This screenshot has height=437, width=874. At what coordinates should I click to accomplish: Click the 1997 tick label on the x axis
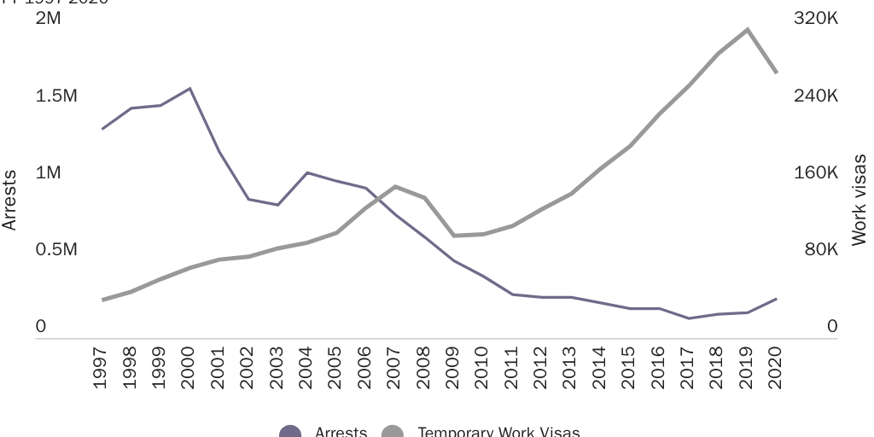(x=102, y=368)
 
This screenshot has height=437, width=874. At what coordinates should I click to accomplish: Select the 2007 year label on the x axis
(x=394, y=368)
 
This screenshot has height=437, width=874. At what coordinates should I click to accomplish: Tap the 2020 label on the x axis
(x=775, y=368)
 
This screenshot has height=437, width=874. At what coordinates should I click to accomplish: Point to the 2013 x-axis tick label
(x=570, y=368)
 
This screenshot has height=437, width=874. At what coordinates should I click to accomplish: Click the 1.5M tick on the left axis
(x=55, y=96)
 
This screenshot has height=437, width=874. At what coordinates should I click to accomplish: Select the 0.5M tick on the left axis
(x=55, y=250)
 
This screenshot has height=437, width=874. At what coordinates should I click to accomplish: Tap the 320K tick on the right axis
(x=816, y=19)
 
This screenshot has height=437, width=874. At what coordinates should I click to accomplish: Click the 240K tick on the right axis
(x=816, y=96)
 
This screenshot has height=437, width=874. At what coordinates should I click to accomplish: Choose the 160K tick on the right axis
(x=816, y=172)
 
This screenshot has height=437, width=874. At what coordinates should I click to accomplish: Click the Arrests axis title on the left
(x=9, y=201)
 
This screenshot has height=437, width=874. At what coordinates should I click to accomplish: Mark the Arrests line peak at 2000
(x=189, y=88)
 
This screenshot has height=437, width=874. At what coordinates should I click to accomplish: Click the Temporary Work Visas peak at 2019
(x=748, y=29)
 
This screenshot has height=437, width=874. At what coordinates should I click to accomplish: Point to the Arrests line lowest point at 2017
(x=689, y=318)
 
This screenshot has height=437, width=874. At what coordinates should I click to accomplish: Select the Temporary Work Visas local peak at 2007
(x=394, y=186)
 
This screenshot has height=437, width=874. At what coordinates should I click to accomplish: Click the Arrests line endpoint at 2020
(x=776, y=299)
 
